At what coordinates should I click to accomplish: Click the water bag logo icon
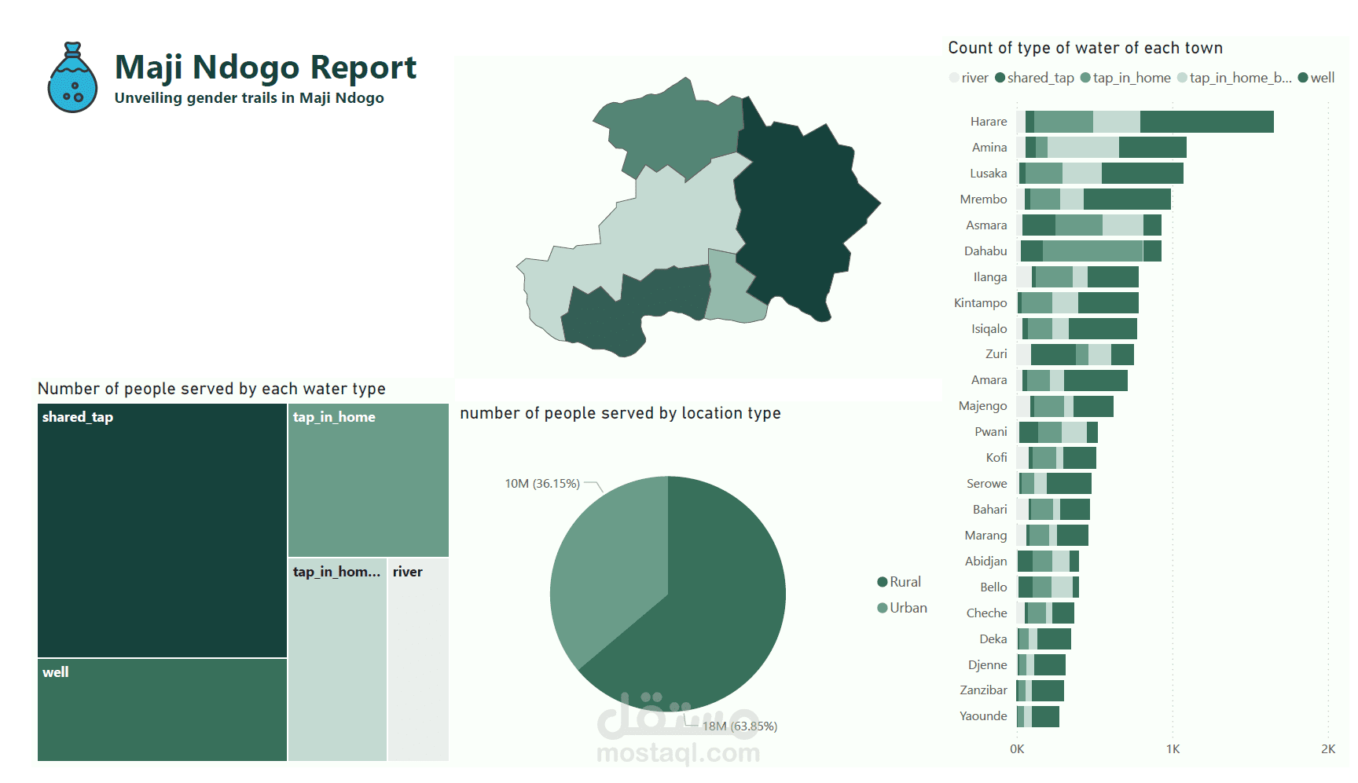point(72,78)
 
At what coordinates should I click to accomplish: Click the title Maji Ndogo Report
point(265,68)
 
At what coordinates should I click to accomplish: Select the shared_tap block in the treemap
point(162,530)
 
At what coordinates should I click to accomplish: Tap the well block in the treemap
point(162,709)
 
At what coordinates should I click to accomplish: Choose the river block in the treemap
point(418,660)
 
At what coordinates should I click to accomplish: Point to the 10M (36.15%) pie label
point(542,484)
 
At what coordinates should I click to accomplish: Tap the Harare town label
point(988,122)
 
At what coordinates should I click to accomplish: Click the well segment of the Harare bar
point(1206,122)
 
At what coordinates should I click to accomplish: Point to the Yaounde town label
point(982,716)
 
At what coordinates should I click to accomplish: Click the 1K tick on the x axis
point(1173,749)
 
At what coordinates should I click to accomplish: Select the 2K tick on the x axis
point(1327,749)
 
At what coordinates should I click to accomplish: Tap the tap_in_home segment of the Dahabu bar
point(1092,251)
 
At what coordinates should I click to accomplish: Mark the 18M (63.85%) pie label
point(740,726)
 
